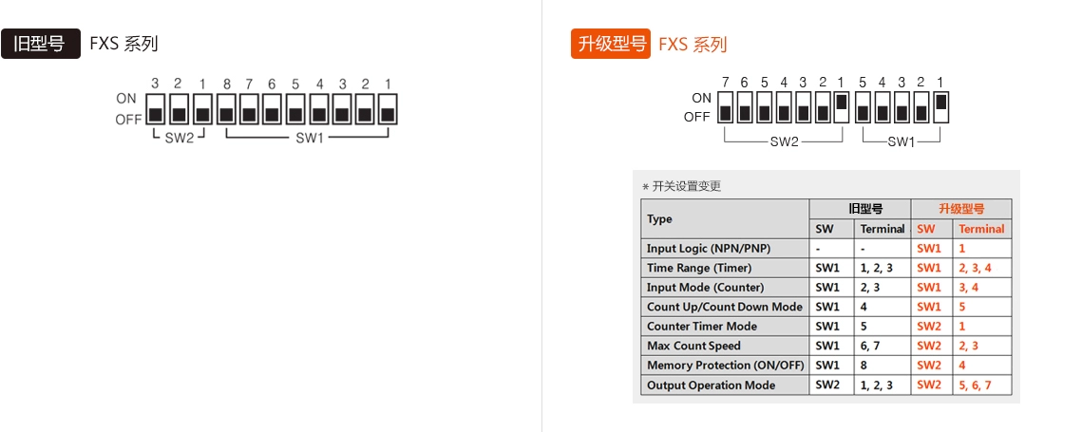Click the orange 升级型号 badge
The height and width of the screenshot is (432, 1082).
611,44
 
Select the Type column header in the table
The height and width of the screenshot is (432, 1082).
659,219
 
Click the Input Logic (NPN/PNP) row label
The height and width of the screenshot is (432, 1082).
709,248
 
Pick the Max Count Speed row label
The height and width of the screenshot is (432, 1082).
693,346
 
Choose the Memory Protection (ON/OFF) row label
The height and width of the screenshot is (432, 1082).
725,366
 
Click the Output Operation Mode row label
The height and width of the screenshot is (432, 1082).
711,385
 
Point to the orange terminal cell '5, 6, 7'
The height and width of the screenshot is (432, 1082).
975,385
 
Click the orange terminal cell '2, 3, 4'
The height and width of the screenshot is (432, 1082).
975,268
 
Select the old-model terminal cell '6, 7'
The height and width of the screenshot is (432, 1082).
873,346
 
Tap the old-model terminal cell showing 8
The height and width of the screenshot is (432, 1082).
864,366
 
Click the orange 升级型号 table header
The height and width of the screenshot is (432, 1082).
961,209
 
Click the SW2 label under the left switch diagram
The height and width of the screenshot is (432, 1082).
179,138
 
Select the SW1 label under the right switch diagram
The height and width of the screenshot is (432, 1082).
901,142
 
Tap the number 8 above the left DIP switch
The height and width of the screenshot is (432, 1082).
226,85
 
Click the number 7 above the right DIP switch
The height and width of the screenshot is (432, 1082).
725,82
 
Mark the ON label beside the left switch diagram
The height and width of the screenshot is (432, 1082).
126,99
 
